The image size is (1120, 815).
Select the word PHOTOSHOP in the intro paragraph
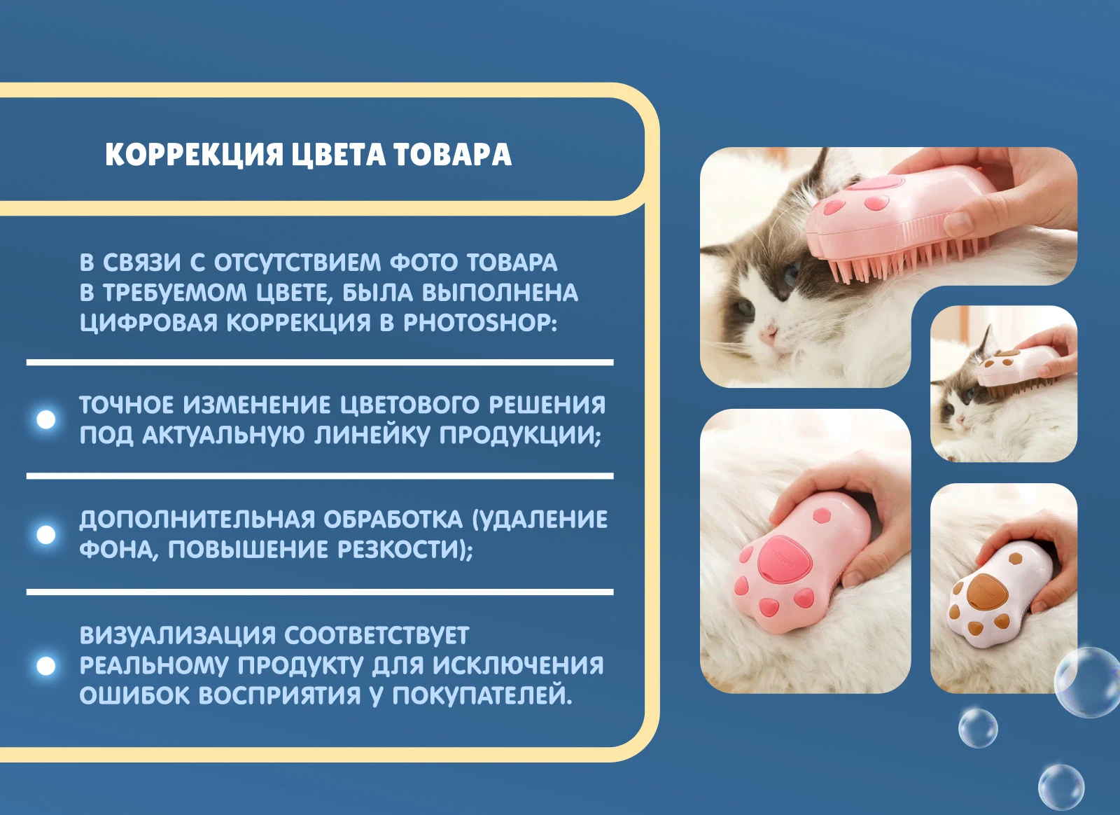tap(480, 323)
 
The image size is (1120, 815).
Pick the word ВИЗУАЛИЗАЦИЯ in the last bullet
tap(178, 635)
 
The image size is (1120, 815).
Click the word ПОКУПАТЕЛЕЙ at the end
tap(482, 695)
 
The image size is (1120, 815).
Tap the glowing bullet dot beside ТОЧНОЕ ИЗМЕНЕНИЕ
tap(46, 419)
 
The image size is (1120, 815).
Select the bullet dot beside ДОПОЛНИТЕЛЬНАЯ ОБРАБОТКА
tap(46, 534)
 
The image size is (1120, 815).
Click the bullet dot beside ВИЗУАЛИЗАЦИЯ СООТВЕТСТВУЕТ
tap(46, 666)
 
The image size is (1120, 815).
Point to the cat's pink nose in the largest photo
tap(767, 333)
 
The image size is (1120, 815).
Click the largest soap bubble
tap(1088, 683)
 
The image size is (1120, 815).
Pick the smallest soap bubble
tap(978, 728)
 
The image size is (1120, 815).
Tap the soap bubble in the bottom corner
tap(1061, 787)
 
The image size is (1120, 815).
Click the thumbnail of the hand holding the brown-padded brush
tap(1004, 588)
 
